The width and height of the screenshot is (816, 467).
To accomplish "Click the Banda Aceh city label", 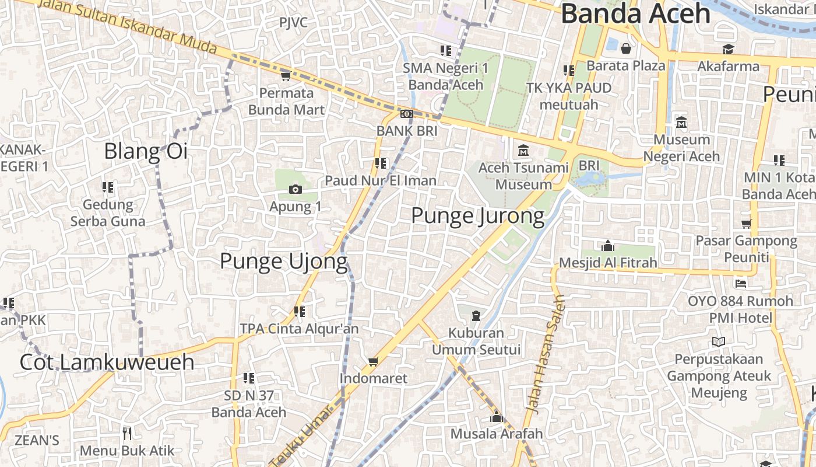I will coord(635,14).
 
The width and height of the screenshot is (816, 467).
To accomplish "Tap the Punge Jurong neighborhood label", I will coord(477,215).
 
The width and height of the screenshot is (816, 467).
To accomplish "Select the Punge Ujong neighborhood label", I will coord(283,261).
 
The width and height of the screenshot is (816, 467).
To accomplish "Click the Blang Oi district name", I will coord(146,151).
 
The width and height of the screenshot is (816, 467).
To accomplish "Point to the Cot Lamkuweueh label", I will coord(107,362).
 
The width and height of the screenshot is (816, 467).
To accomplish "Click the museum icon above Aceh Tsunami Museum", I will coord(523,151).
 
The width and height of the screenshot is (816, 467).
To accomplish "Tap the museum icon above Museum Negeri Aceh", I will coord(681,123).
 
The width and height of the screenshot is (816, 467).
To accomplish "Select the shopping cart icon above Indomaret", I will coord(374,362).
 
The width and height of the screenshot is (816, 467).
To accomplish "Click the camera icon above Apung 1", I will coord(296,189).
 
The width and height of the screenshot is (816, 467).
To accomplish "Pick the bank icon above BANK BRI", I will coord(407,114).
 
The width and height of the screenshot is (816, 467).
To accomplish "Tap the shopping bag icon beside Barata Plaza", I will coord(626,48).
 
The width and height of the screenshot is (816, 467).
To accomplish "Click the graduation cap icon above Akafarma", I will coord(728,49).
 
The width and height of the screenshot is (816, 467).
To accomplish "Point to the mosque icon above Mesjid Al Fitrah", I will coord(608,246).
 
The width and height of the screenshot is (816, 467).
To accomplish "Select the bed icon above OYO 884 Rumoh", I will coord(741,284).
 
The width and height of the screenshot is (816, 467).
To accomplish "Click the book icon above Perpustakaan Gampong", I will coord(719,341).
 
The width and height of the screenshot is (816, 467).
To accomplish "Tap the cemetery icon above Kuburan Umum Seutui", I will coord(476,316).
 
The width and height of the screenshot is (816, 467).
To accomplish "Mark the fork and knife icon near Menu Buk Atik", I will coord(127,433).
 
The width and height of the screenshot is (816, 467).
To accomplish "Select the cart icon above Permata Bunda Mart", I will coord(286,76).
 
